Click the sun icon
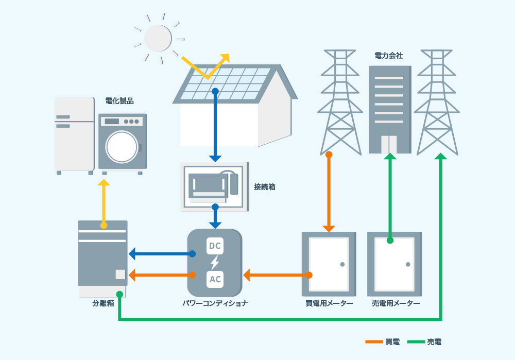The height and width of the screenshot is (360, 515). (x=158, y=38)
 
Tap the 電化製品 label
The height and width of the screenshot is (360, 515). (x=119, y=101)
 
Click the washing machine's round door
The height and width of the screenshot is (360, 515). (x=122, y=147)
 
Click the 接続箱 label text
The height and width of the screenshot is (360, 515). (x=265, y=187)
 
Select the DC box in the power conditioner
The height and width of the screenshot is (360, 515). (x=215, y=246)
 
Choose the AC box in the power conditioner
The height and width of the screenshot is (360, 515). (x=215, y=280)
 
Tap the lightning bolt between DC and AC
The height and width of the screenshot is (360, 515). (x=215, y=263)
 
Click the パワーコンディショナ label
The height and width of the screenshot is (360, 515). (x=215, y=303)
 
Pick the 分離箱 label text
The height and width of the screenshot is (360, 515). (x=103, y=303)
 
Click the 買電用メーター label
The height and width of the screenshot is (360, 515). (x=329, y=303)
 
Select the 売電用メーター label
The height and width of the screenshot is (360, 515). (x=396, y=303)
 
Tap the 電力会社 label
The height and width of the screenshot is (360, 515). (x=389, y=55)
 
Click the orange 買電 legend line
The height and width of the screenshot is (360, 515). (x=374, y=341)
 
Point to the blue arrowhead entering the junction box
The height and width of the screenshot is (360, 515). (x=215, y=158)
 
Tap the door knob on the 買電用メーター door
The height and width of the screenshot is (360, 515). (x=342, y=264)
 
